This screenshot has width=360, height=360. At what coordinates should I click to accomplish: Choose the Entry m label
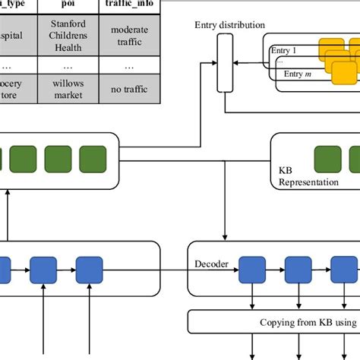[x=298, y=74]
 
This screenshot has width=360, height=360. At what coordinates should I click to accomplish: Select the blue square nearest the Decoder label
[x=251, y=268]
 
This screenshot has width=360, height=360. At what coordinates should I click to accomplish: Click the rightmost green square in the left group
[x=103, y=159]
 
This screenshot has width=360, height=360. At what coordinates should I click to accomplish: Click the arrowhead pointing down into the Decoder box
[x=224, y=236]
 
